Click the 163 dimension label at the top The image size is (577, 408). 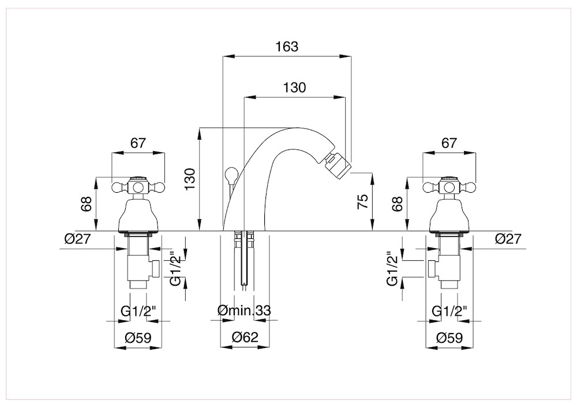click(287, 47)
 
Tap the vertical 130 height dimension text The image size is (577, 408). click(189, 179)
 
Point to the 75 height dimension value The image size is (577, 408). click(362, 201)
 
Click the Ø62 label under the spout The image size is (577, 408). click(245, 336)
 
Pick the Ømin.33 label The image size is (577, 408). click(244, 311)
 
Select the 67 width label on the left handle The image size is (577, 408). click(138, 143)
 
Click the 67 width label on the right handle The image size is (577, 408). click(449, 143)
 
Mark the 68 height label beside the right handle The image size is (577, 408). click(398, 203)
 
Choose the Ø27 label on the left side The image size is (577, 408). click(77, 239)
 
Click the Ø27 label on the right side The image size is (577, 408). click(508, 239)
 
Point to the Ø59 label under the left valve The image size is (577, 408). click(138, 338)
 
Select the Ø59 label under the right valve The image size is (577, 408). click(449, 338)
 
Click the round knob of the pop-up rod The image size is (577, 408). click(232, 173)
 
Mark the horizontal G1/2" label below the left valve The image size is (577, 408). click(138, 312)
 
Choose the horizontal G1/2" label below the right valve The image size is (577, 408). click(449, 312)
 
